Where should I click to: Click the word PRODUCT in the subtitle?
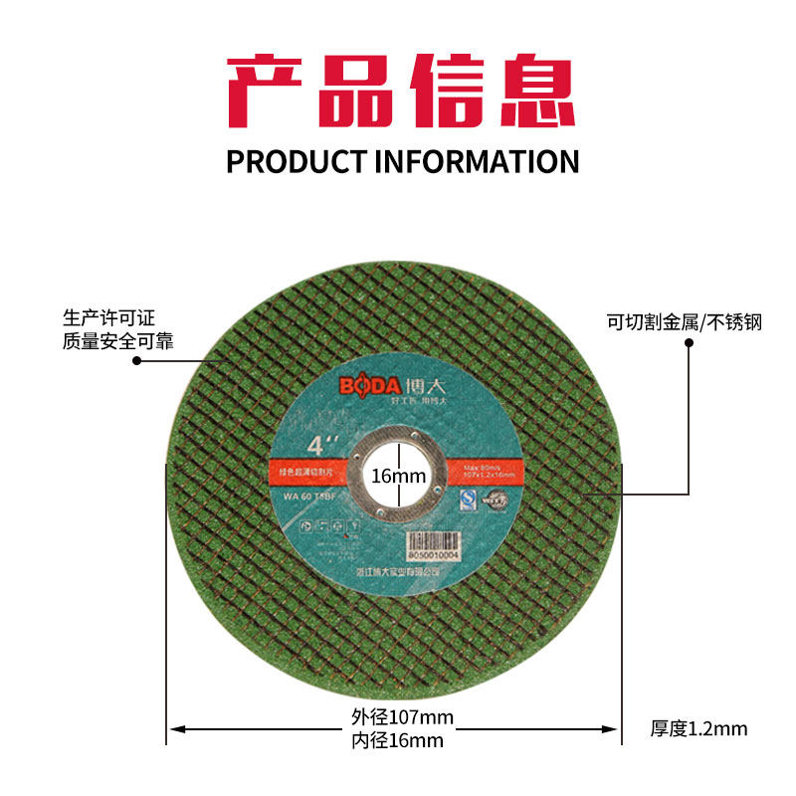click(295, 161)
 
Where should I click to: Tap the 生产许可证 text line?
click(110, 319)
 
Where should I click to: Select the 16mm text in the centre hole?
click(398, 478)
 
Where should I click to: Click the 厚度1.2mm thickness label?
click(698, 729)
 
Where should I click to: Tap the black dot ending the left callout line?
click(137, 361)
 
